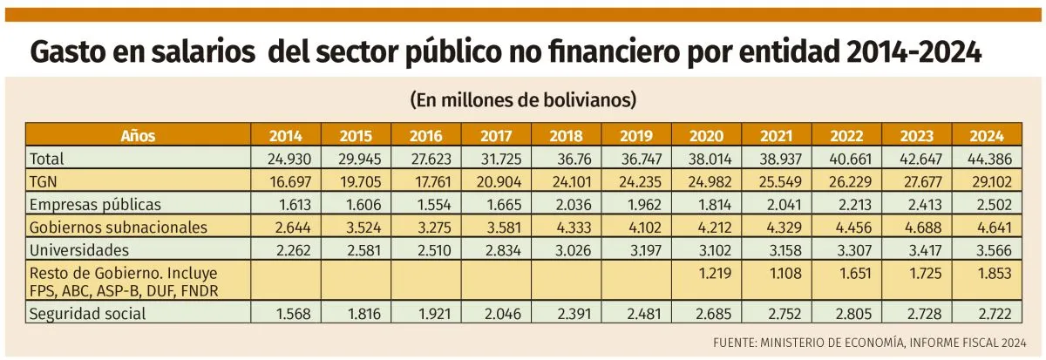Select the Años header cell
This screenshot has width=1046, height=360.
coord(139,136)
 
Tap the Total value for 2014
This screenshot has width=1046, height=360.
coord(285,160)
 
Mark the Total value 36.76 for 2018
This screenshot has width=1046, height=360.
coord(567,160)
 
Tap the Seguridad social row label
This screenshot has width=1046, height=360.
coord(87,313)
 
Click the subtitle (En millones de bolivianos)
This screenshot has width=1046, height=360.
coord(523,100)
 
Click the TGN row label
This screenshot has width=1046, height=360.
coord(44,182)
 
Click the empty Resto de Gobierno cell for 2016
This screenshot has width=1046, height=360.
coord(425,281)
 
